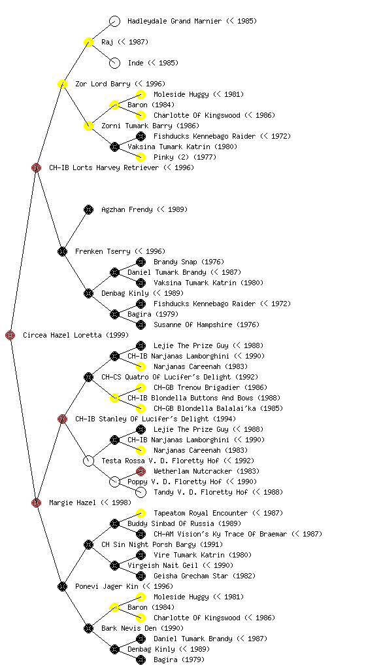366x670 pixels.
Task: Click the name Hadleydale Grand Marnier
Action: click(175, 21)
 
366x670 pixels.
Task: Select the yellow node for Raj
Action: click(88, 42)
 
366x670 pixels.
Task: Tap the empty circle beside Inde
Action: click(114, 63)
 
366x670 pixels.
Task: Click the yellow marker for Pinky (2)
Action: click(141, 157)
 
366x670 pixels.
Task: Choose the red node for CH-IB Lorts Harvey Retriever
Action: click(36, 167)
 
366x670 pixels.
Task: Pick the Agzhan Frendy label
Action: click(127, 209)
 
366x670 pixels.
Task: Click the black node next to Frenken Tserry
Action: click(62, 251)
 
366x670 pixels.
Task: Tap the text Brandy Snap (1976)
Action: click(189, 262)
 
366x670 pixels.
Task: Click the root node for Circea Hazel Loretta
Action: click(10, 335)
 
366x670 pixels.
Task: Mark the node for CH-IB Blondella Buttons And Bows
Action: click(114, 398)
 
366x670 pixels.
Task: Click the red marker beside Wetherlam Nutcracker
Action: click(141, 471)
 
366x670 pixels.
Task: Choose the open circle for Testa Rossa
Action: click(88, 461)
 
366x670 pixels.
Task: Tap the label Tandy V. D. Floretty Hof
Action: click(201, 492)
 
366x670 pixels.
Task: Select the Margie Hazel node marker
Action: click(36, 502)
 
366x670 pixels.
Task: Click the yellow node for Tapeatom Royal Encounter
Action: click(141, 513)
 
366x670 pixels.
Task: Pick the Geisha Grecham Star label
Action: click(191, 576)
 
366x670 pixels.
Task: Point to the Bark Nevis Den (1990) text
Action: click(142, 628)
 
